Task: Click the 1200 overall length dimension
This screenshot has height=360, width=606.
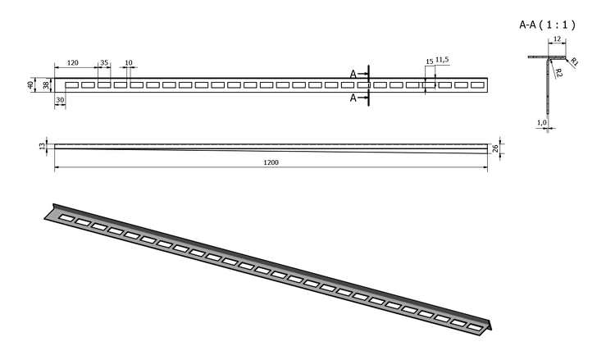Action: [x=271, y=162]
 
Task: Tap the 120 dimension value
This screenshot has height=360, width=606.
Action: [x=73, y=62]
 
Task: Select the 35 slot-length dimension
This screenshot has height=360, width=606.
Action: [x=104, y=62]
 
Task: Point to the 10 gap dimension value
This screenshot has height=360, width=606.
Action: [x=129, y=62]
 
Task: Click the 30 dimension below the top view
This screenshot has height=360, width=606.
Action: [x=60, y=100]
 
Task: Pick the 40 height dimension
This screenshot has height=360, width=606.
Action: [x=30, y=84]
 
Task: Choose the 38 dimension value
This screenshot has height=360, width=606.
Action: [x=47, y=85]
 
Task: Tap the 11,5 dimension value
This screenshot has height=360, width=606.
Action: [x=442, y=60]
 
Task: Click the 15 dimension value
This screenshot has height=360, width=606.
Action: [x=430, y=62]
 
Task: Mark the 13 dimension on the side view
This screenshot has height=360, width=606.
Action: [x=42, y=146]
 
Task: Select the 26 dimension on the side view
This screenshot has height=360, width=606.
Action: [x=496, y=148]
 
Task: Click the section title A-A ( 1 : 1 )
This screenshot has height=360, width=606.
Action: [x=547, y=25]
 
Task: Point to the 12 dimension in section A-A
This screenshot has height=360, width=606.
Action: [x=558, y=39]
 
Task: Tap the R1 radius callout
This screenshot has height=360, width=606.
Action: [x=574, y=62]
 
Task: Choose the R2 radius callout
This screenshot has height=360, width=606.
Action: [x=559, y=72]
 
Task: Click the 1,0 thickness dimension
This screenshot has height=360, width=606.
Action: [x=542, y=122]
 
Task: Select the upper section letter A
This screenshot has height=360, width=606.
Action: [x=353, y=74]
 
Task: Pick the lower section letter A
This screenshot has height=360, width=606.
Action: [x=353, y=98]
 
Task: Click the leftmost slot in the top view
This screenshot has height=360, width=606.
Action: [x=72, y=85]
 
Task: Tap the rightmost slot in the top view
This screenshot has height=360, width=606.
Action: [x=478, y=85]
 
